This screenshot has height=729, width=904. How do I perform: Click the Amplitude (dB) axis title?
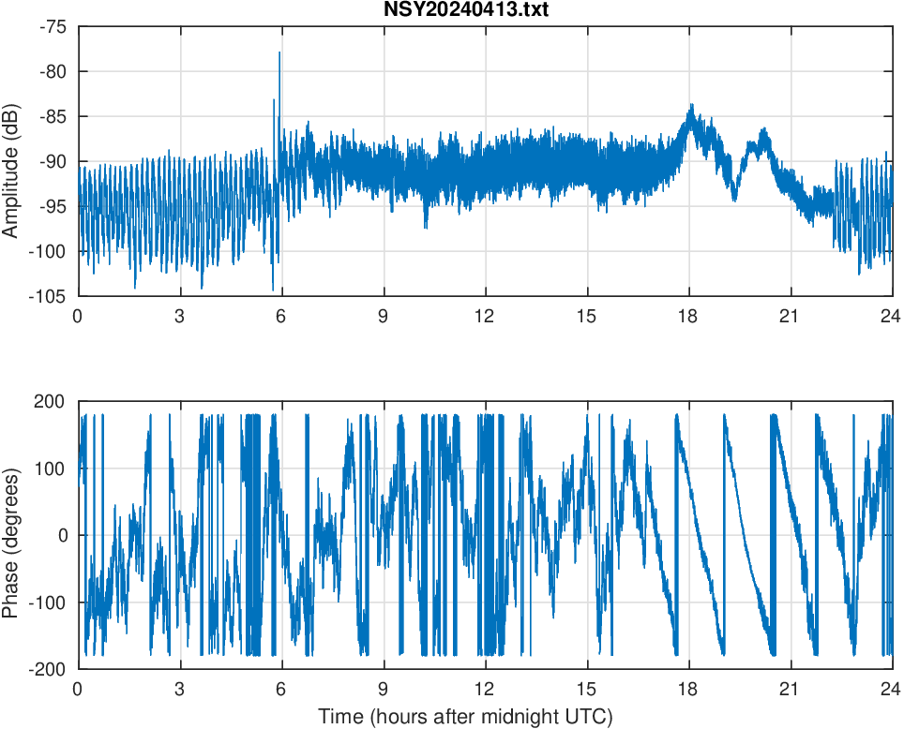[x=11, y=161]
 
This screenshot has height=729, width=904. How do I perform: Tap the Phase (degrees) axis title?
[x=11, y=535]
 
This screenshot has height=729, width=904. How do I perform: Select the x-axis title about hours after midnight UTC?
[x=465, y=717]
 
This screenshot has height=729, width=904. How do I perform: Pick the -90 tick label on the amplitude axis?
[x=52, y=161]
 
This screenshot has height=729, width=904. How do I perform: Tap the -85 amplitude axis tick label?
[x=52, y=116]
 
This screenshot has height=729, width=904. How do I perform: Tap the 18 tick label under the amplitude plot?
[x=688, y=316]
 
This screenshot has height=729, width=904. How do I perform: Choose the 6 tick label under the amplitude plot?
[x=280, y=316]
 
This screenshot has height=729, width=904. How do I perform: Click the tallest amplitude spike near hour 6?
[x=279, y=52]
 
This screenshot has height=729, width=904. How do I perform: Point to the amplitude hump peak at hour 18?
[x=691, y=106]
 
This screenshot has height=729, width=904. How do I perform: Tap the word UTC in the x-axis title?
[x=591, y=717]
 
